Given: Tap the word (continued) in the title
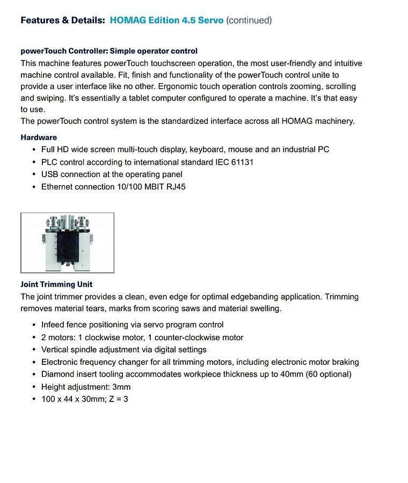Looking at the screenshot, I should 249,20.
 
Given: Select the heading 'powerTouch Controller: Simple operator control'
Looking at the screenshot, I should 109,51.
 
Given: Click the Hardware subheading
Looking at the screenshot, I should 39,137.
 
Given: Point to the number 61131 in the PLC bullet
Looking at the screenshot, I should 242,162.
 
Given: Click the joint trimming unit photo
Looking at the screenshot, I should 67,243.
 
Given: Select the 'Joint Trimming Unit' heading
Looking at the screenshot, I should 56,284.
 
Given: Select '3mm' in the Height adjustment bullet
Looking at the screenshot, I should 121,387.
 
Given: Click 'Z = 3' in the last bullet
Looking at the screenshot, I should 118,399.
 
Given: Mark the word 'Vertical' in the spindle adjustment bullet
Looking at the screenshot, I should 56,350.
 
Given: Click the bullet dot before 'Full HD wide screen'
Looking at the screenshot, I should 34,150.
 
